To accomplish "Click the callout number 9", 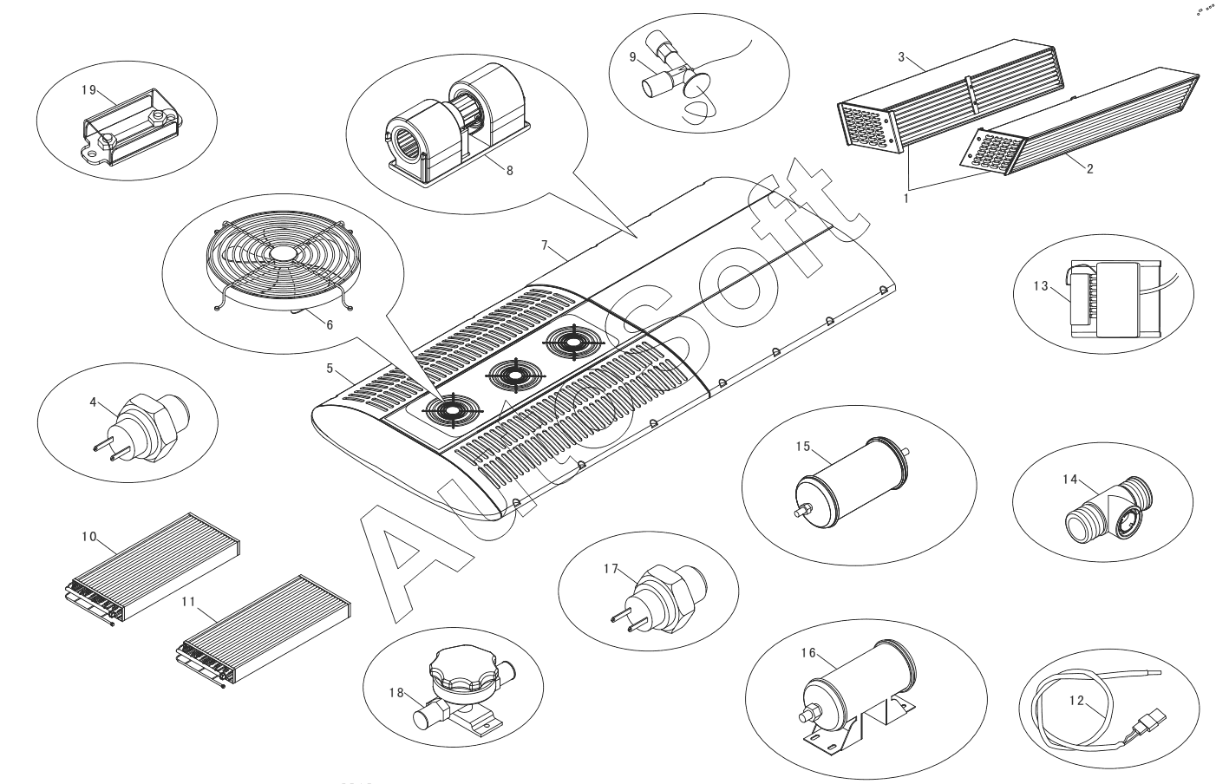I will [634, 57].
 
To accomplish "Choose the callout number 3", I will [901, 57].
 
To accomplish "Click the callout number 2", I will [1089, 169].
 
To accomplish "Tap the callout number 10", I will [88, 536].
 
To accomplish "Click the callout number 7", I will [544, 245].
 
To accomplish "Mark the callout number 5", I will [330, 369].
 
